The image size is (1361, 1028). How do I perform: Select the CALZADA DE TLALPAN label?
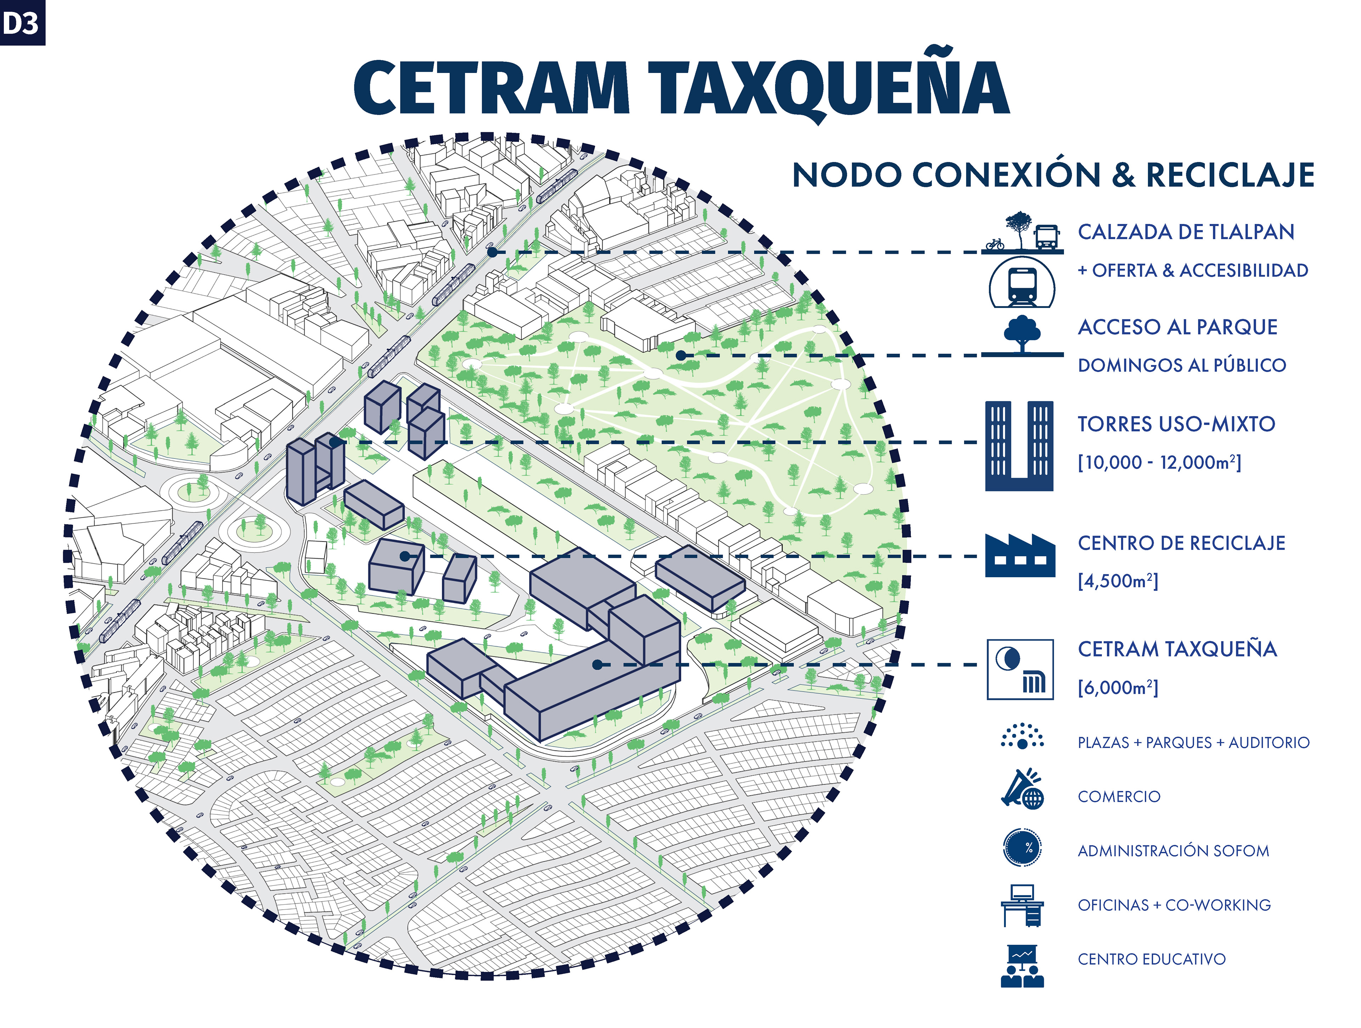click(1186, 232)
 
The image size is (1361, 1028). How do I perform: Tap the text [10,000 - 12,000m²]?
click(1159, 462)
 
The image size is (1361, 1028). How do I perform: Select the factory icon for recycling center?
click(1020, 556)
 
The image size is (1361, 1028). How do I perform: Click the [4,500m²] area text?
click(1118, 581)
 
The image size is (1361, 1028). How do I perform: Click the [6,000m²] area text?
click(1118, 687)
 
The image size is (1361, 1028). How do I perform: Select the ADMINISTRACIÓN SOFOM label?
click(1173, 851)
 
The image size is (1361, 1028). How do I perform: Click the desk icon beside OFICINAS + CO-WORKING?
click(1022, 906)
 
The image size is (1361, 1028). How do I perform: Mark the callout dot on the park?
click(680, 355)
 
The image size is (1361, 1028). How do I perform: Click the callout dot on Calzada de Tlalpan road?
click(492, 252)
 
